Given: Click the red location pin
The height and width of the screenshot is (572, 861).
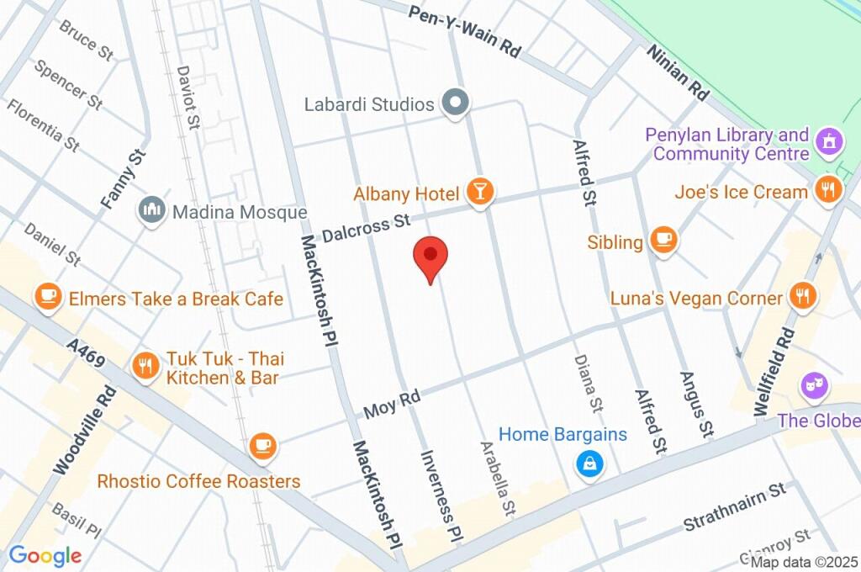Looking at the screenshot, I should click(x=430, y=257).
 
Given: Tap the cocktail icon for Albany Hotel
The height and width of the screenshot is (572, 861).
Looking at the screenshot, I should click(x=479, y=191).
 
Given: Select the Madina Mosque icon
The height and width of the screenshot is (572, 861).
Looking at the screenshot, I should click(x=152, y=210).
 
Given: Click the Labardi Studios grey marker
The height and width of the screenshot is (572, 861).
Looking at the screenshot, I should click(x=456, y=103).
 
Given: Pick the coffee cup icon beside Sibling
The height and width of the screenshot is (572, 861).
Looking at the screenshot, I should click(x=664, y=241).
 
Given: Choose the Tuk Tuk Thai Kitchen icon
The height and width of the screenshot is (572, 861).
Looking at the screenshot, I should click(x=146, y=365).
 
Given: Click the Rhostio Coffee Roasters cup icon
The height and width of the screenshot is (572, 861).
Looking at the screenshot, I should click(x=263, y=445).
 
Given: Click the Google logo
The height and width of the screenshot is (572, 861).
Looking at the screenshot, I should click(x=45, y=555).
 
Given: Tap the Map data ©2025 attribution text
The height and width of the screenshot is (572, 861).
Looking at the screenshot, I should click(x=803, y=562).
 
